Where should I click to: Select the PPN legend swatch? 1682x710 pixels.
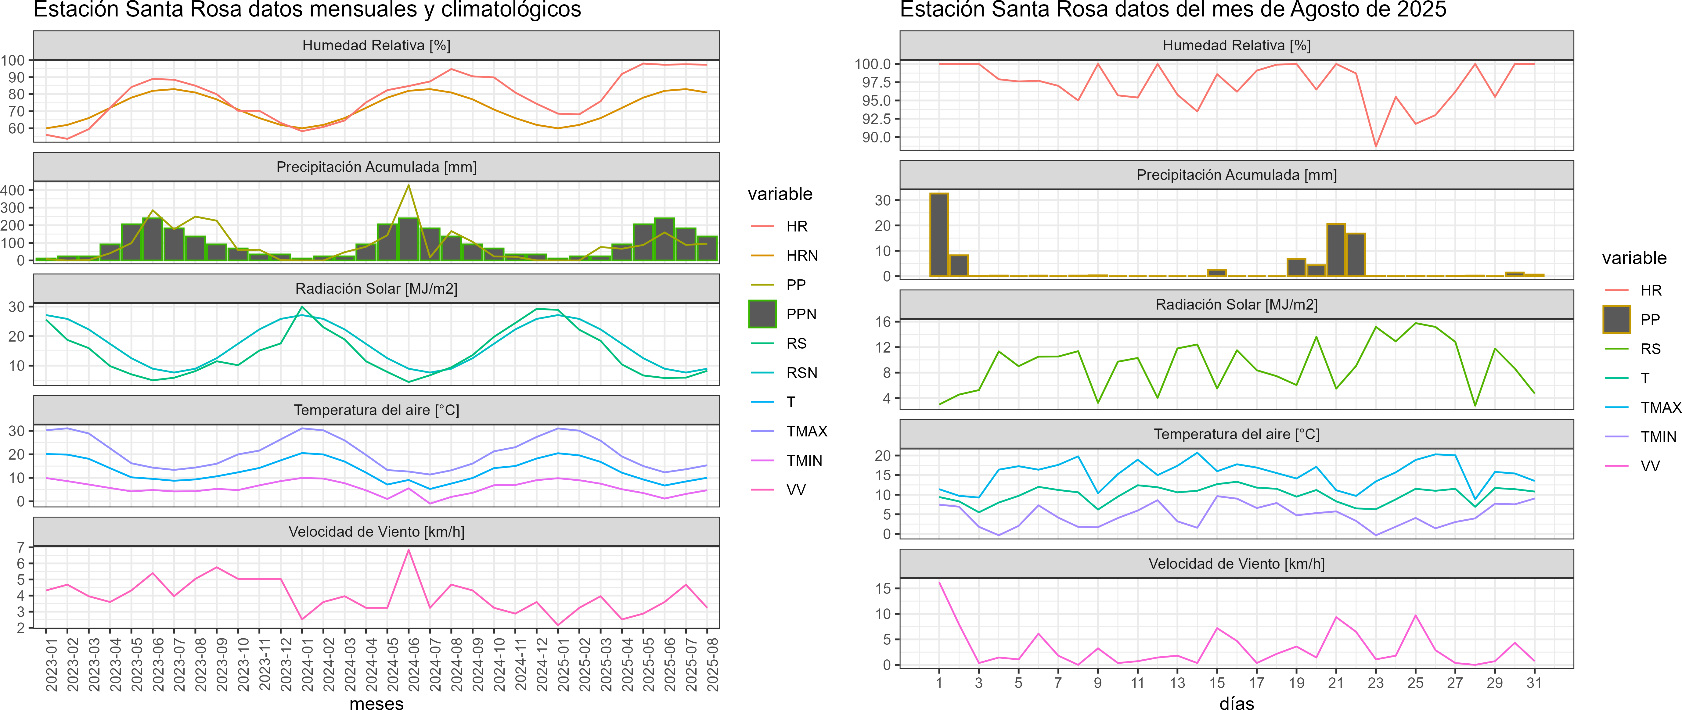762,314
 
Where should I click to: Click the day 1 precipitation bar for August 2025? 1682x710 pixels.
939,235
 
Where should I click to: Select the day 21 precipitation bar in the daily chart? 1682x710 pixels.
1336,250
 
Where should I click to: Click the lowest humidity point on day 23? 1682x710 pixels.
1376,146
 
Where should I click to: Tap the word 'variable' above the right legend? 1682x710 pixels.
1634,258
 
